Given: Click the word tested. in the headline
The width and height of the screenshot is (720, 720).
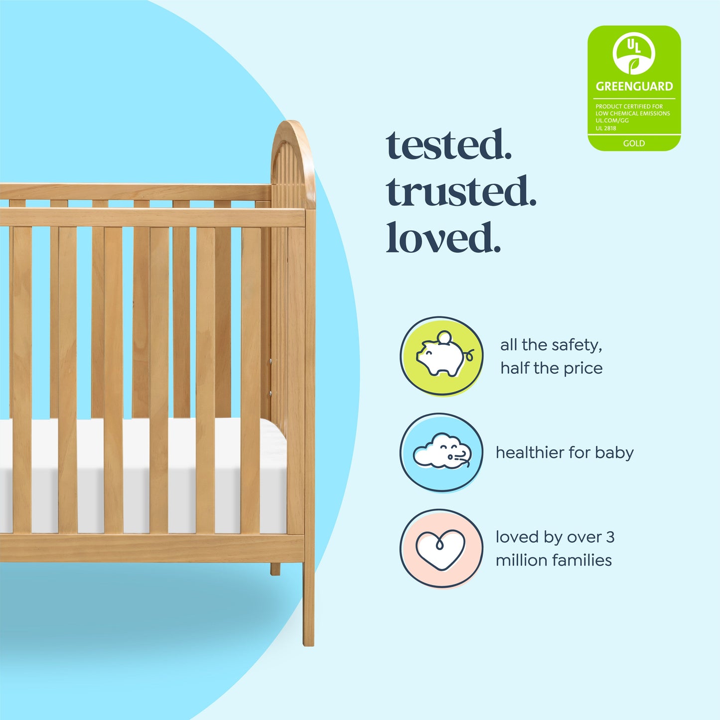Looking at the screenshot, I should click(x=449, y=145).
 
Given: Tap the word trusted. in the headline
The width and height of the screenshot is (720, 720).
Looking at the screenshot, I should click(x=461, y=192).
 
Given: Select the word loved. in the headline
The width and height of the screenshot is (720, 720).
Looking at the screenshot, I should click(x=443, y=238).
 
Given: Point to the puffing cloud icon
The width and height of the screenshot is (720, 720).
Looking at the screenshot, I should click(x=441, y=452).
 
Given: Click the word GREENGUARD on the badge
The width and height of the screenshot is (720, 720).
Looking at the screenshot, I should click(x=634, y=86).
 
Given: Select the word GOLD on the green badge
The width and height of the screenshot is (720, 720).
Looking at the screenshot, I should click(x=634, y=143).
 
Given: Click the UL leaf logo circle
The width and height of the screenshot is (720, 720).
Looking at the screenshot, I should click(x=634, y=53).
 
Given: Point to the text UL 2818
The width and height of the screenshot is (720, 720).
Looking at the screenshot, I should click(x=606, y=128).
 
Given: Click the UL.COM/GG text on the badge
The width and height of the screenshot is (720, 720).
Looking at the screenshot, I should click(x=612, y=121).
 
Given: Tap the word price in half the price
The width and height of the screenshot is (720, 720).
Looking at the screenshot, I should click(x=582, y=368).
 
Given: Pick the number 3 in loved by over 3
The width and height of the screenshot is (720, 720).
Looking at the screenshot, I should click(x=610, y=537).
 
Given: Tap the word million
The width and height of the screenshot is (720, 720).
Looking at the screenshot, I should click(x=521, y=560).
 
